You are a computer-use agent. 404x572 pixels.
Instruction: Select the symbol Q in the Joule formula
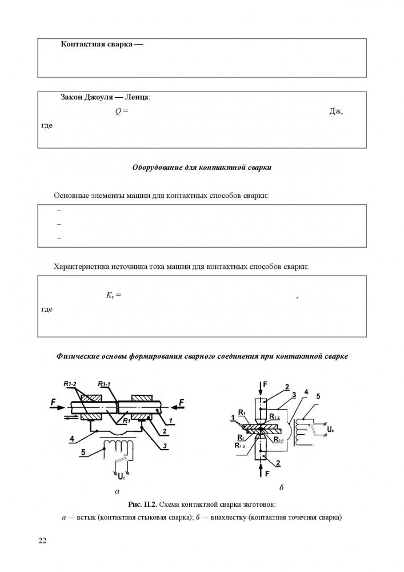[118, 111]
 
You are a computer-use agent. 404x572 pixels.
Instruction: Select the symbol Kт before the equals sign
[110, 296]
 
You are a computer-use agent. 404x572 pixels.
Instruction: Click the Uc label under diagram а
[122, 475]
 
